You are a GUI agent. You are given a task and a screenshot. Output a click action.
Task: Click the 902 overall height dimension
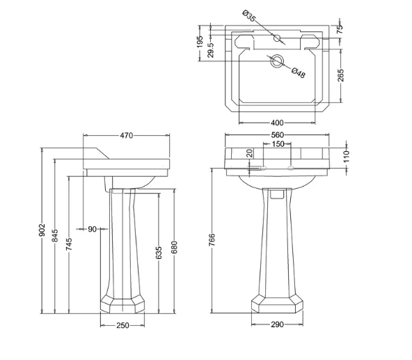click(x=42, y=230)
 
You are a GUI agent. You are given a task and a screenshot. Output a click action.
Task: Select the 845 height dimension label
click(x=55, y=235)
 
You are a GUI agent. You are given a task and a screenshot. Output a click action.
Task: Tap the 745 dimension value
click(x=69, y=244)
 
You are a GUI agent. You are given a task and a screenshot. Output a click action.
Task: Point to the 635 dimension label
click(x=159, y=253)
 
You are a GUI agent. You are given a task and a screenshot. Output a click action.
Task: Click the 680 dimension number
click(x=174, y=247)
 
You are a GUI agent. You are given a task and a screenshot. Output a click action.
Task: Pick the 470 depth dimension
click(x=127, y=135)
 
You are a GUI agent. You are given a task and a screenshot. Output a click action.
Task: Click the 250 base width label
click(x=122, y=325)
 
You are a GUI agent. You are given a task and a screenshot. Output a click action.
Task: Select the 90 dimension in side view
click(x=93, y=229)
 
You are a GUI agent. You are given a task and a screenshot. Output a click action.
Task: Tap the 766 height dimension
click(x=212, y=240)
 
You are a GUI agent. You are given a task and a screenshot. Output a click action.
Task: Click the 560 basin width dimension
click(x=278, y=135)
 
